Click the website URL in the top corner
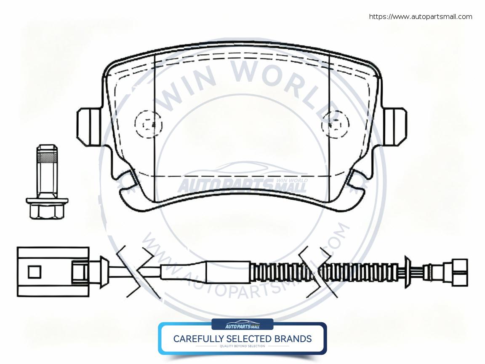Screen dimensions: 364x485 pyautogui.click(x=420, y=17)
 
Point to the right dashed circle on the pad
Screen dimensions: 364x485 pyautogui.click(x=336, y=123)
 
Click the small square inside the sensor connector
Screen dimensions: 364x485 pyautogui.click(x=35, y=272)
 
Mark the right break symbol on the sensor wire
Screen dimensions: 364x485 pyautogui.click(x=314, y=272)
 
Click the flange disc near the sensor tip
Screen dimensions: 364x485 pyautogui.click(x=407, y=272)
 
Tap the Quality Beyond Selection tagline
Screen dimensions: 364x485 pyautogui.click(x=242, y=346)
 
